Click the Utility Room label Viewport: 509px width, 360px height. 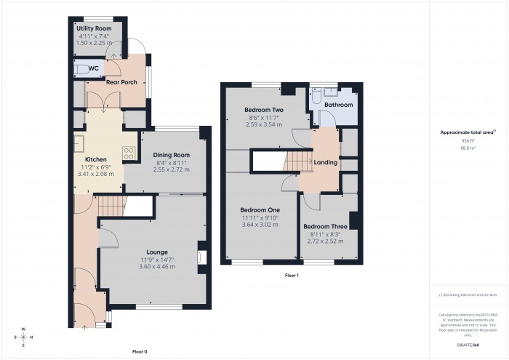click(x=94, y=28)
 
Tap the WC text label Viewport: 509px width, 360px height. click(x=93, y=68)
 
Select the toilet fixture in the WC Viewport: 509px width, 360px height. click(x=79, y=69)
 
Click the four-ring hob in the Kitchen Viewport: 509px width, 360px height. click(x=129, y=153)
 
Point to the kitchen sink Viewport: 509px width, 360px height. click(x=78, y=143)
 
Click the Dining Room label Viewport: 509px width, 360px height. click(x=171, y=155)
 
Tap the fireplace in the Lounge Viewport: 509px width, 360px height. click(x=201, y=257)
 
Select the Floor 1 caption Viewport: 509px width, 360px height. click(x=292, y=276)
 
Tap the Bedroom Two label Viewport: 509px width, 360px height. click(x=263, y=110)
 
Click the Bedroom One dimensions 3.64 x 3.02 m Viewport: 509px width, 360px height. click(x=260, y=224)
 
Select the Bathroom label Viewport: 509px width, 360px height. click(x=338, y=105)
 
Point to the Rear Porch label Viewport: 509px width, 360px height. click(x=121, y=82)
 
